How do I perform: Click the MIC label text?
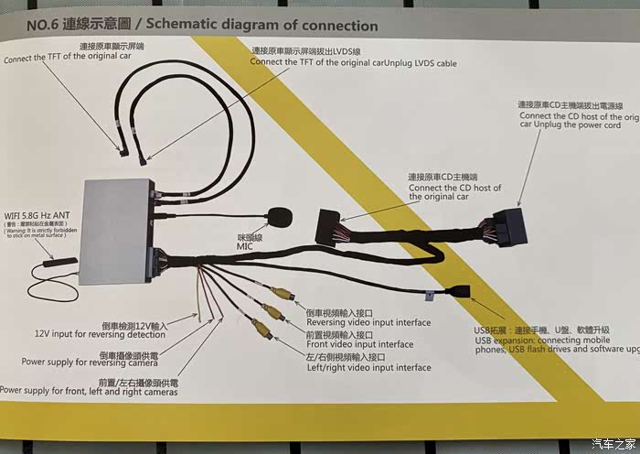(245, 246)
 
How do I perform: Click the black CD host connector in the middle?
(328, 227)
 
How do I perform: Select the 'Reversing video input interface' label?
(368, 322)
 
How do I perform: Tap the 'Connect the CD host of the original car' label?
(454, 191)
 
